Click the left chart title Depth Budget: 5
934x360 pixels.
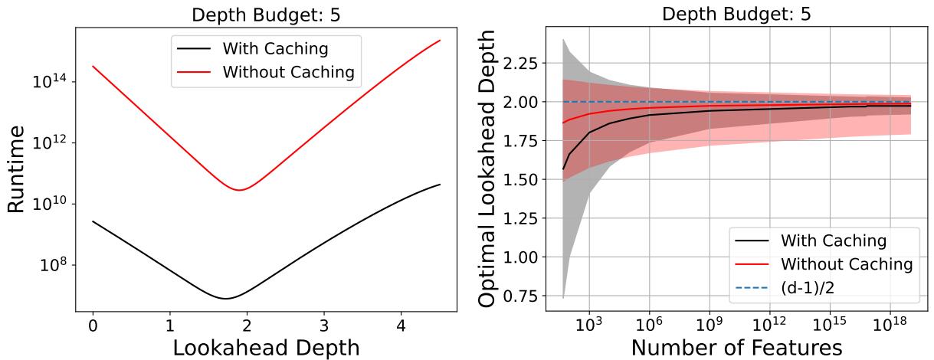pos(266,14)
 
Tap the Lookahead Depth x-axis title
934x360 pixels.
pos(266,347)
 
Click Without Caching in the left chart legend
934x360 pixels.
pos(287,74)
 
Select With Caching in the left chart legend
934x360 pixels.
pos(275,50)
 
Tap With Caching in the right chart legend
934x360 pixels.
pos(833,241)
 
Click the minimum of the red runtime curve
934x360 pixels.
pos(239,190)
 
